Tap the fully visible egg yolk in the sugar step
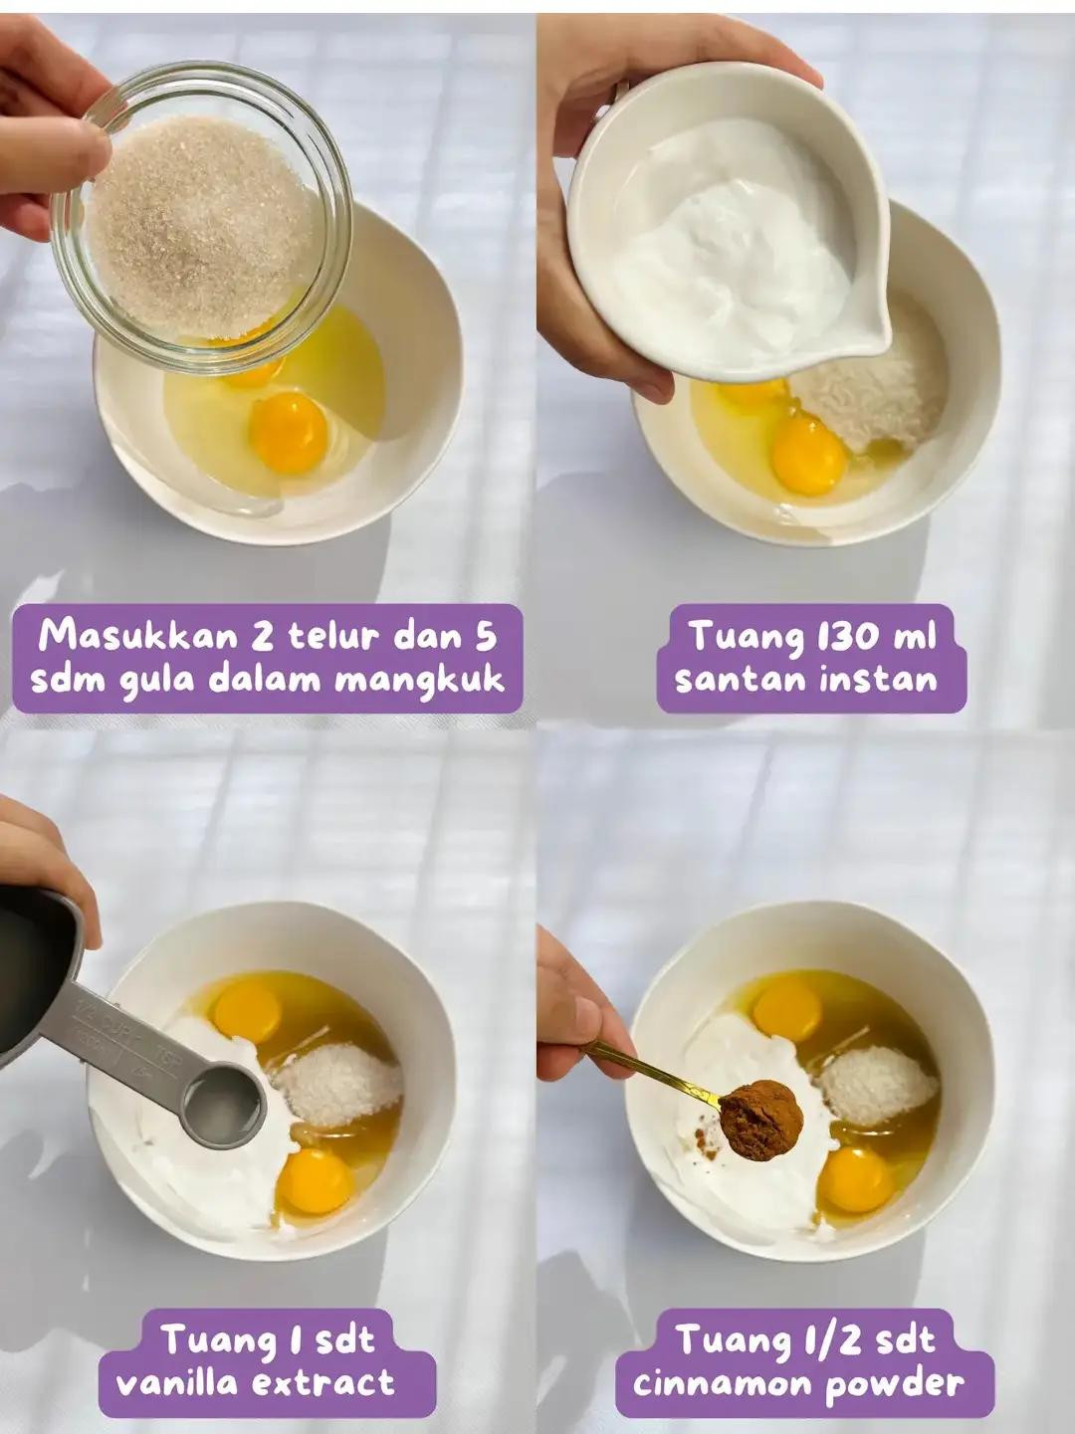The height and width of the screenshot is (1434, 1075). pyautogui.click(x=288, y=433)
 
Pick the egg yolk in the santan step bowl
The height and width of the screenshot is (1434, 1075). pyautogui.click(x=808, y=455)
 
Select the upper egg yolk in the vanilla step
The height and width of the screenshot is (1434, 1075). pyautogui.click(x=247, y=1010)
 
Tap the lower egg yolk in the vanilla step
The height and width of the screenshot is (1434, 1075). pyautogui.click(x=314, y=1181)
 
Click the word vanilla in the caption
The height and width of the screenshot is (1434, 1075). pyautogui.click(x=181, y=1383)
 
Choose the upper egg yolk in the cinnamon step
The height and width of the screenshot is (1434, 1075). pyautogui.click(x=786, y=1009)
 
